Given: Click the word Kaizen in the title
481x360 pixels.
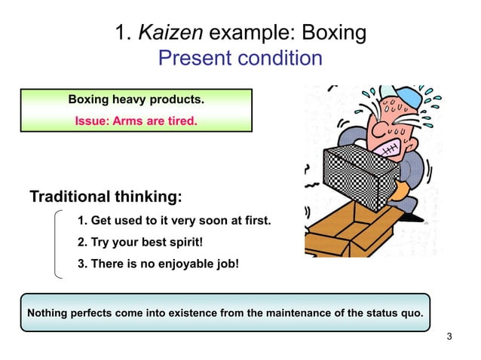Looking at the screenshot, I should point(170,32).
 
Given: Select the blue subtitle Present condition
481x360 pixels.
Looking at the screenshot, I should point(240,58).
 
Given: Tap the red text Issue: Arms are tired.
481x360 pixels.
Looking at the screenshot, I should point(136,119).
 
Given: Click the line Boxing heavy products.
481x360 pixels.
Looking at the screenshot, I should point(136,99).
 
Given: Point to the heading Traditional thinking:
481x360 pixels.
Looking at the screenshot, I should point(106,197).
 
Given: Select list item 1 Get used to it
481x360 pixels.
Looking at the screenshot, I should point(174,221).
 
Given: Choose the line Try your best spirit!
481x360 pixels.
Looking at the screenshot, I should point(141,243).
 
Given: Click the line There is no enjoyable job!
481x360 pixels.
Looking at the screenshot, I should point(158,264).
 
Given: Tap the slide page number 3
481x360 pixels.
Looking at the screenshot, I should point(449,336).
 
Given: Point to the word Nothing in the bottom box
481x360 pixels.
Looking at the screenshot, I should point(47,313).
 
